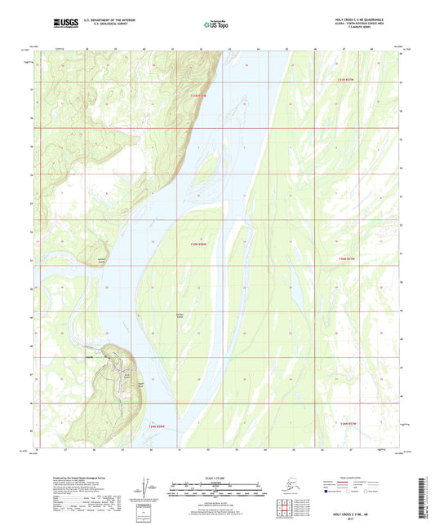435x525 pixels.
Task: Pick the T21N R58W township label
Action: pyautogui.click(x=157, y=426)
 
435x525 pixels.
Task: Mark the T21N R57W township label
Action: pyautogui.click(x=348, y=425)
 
